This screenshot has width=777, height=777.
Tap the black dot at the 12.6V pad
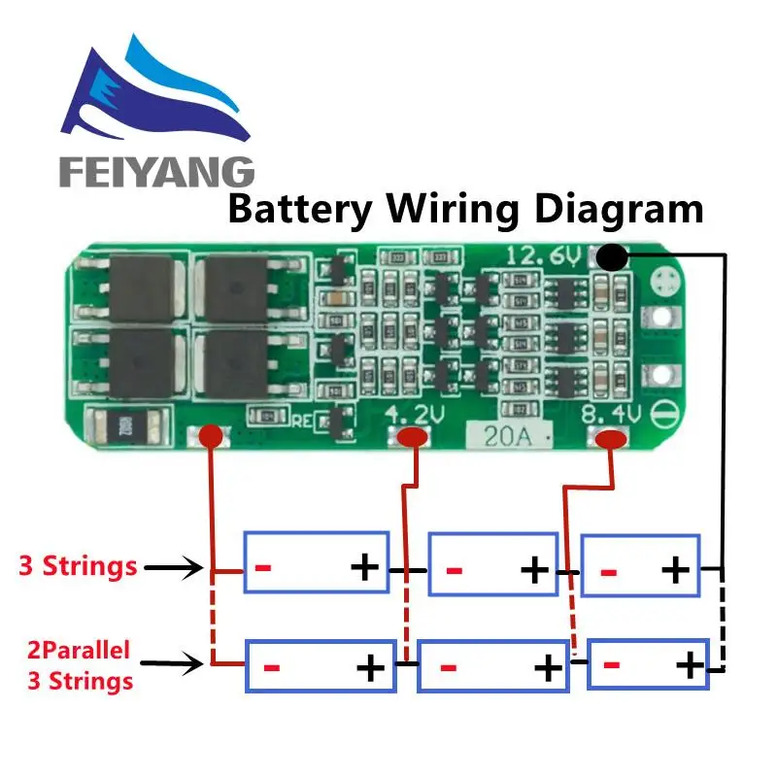[611, 257]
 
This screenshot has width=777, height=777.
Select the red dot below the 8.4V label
[610, 440]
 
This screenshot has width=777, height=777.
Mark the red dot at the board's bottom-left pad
[209, 439]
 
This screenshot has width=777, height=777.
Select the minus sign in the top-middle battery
[453, 568]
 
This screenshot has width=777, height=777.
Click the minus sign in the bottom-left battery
[272, 668]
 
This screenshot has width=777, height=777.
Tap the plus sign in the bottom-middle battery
[548, 668]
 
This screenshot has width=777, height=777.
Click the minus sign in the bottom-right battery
[612, 666]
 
